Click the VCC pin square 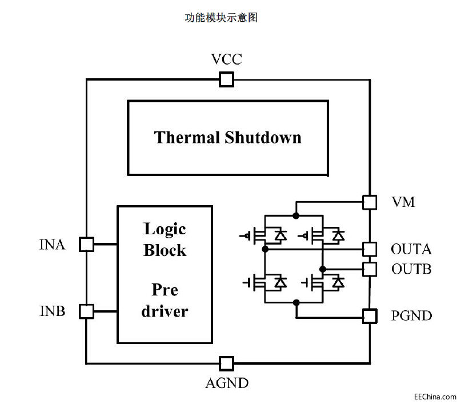pos(226,79)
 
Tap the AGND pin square pos(226,363)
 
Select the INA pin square pos(86,244)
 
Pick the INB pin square pos(86,311)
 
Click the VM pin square pos(370,202)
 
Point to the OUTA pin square pos(370,249)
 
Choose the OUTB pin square pos(370,268)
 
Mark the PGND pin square pos(370,315)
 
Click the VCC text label pos(226,59)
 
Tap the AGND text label pos(227,383)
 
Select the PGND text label pos(411,315)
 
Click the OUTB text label pos(411,269)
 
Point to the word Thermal pos(187,138)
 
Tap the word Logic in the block pos(165,229)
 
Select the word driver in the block pos(165,311)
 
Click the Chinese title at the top pos(221,18)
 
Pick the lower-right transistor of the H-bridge pos(322,282)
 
